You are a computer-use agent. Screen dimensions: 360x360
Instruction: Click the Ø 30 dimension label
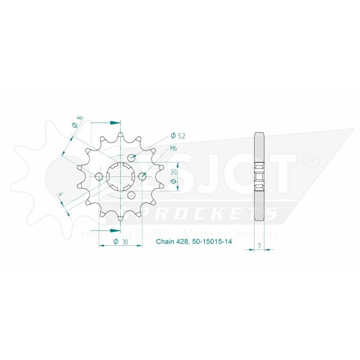120,242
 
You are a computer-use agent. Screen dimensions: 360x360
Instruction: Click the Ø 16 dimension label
77,121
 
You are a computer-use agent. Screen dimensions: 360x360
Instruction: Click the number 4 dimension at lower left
61,195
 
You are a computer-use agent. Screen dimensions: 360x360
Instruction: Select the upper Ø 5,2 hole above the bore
131,158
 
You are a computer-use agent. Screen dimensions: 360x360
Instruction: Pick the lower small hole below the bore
131,195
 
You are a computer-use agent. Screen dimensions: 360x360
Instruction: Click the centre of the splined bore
120,177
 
